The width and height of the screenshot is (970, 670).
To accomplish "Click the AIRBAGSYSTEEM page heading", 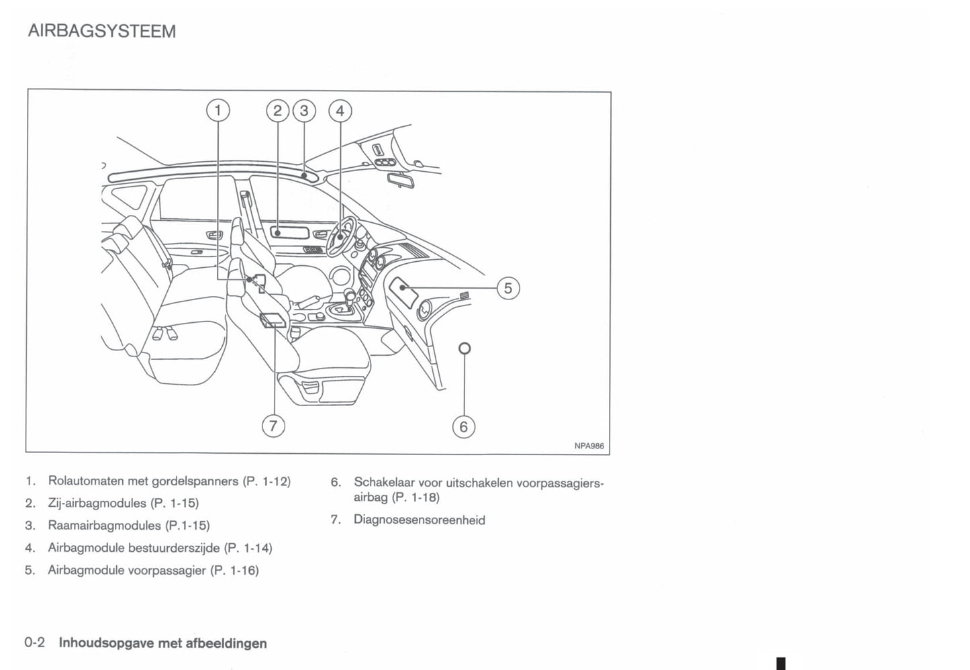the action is pos(102,31).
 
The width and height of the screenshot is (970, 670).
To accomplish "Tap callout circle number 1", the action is pos(217,111).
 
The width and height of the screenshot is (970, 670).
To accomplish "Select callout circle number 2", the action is pos(278,111).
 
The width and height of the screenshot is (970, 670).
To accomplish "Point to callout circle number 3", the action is pos(304,111).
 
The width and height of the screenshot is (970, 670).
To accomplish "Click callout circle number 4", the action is pos(340,111).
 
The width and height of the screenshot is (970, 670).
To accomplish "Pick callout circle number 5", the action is pos(508,288).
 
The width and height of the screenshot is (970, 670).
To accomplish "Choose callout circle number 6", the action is pos(464,426).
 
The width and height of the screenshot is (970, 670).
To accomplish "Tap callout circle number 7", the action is pos(274,426).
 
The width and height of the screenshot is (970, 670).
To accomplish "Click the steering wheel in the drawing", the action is pos(341,236).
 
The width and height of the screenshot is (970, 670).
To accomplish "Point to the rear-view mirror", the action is pos(401,180).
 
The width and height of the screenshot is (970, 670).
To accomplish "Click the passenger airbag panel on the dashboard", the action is pos(403,293).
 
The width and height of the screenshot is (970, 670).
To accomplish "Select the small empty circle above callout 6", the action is pos(465,348).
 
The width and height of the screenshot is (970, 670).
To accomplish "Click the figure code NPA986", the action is pos(589,446).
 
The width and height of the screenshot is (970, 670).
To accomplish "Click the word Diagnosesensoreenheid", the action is pos(419,519).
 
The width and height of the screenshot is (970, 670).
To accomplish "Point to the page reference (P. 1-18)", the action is pos(416,497).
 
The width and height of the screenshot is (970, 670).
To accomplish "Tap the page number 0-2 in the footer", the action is pos(35,642).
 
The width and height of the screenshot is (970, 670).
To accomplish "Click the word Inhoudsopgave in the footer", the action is pos(106,644).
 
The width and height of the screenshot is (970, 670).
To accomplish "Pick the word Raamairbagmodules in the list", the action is pos(104,526).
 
